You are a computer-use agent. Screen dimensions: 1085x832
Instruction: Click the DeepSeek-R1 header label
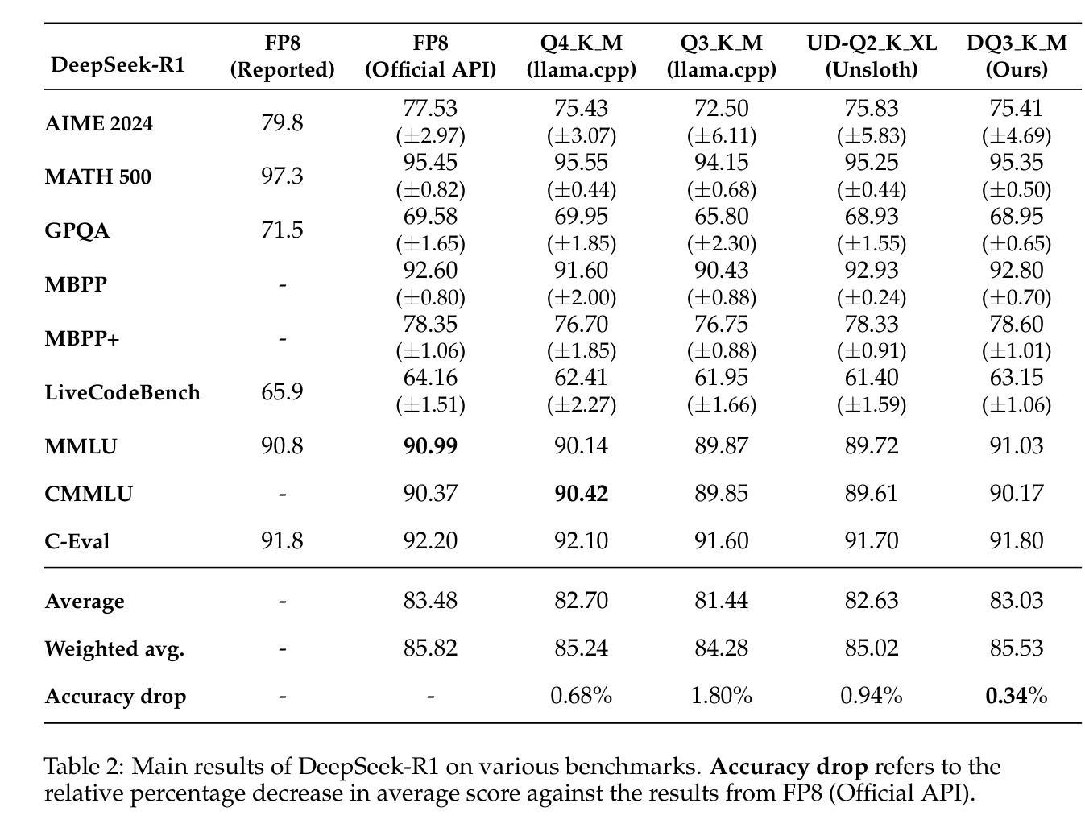(118, 65)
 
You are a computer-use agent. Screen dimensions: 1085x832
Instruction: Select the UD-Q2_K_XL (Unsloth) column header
(872, 56)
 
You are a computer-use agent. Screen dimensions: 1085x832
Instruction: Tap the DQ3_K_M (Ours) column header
(1017, 56)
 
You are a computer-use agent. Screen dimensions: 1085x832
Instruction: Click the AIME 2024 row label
(99, 123)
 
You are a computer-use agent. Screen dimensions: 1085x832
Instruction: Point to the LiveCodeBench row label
(122, 392)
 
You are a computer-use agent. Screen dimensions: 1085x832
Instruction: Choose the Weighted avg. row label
(115, 649)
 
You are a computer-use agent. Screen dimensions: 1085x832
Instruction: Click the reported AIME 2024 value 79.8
(282, 122)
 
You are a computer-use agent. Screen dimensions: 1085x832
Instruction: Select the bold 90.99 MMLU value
(430, 445)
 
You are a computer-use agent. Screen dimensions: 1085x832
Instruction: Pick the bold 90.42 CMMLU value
(582, 493)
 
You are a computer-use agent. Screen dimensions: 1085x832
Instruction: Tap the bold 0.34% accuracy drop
(1017, 696)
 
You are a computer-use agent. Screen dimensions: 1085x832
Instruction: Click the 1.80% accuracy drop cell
(722, 696)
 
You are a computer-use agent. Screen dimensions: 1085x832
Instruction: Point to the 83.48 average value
(430, 600)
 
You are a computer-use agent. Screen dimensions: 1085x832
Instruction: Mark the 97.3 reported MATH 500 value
(282, 176)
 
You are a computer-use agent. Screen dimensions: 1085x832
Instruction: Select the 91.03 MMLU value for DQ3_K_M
(1017, 445)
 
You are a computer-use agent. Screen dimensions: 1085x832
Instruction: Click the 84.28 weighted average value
(722, 648)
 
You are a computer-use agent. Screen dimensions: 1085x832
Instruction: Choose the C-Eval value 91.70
(872, 540)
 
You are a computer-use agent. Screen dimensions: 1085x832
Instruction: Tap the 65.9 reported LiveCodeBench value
(282, 391)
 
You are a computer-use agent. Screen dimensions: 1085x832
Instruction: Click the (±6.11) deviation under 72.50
(722, 136)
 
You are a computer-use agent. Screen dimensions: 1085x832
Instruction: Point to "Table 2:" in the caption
(84, 767)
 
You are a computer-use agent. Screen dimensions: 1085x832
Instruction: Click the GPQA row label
(77, 230)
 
